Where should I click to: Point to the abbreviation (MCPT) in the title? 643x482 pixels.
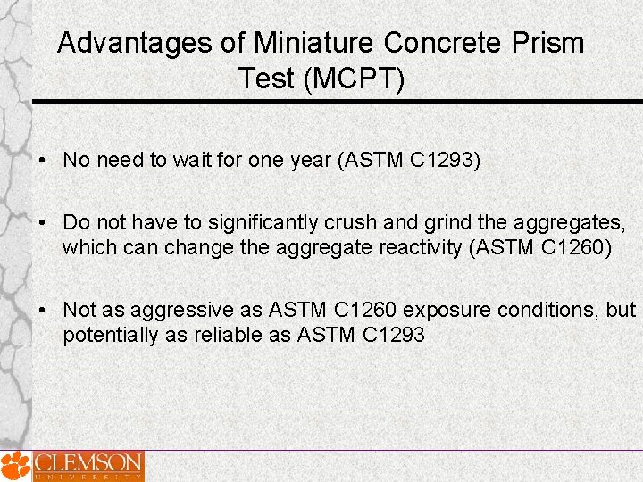point(355,79)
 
